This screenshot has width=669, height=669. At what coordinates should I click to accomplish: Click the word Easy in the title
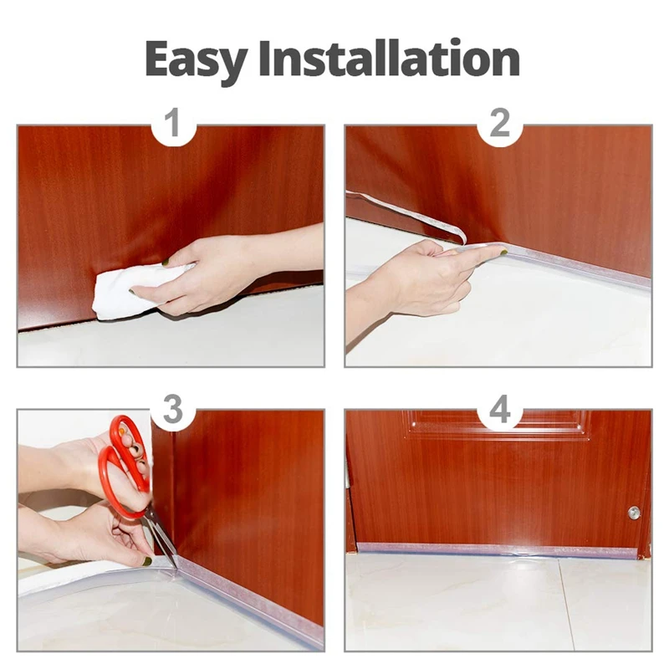point(197,59)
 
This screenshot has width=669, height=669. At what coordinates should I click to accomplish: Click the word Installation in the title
point(389,58)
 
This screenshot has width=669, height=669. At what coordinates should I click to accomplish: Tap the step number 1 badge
point(173,123)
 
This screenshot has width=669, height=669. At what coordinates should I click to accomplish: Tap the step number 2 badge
point(499,123)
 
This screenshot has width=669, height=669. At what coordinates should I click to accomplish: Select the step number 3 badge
point(173,410)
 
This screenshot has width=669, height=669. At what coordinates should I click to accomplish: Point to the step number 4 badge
point(499,410)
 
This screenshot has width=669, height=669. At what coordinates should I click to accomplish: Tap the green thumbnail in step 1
point(166,262)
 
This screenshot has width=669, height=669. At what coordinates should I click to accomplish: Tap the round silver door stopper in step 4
point(634,513)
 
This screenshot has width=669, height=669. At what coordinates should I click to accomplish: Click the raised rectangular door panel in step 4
point(496,426)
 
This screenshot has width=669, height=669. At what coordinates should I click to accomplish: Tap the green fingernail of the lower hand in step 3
point(147,561)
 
